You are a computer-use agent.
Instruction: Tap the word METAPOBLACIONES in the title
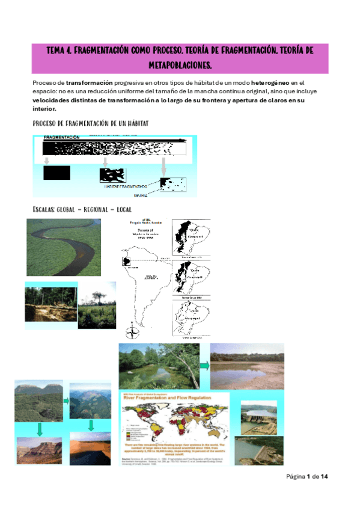click(x=180, y=64)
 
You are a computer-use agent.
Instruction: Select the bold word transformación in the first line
click(x=90, y=82)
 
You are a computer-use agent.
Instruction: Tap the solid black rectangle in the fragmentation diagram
click(x=57, y=173)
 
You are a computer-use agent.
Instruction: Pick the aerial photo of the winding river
click(x=67, y=247)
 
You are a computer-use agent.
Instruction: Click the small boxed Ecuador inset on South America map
click(x=127, y=261)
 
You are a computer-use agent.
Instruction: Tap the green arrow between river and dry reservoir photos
click(x=204, y=365)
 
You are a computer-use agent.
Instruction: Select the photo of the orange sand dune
click(x=90, y=448)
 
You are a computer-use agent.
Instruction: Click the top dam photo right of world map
click(x=258, y=416)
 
